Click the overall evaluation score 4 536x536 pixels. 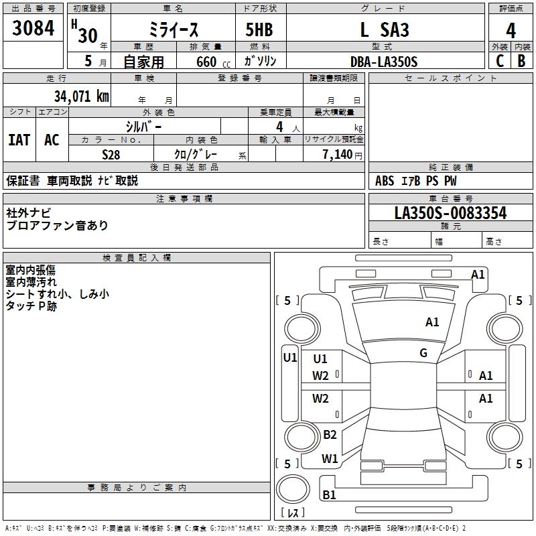511,30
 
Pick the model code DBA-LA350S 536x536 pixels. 383,62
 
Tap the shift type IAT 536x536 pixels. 19,140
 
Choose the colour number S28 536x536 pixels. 111,153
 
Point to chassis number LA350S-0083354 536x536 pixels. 450,213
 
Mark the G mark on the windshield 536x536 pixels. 423,353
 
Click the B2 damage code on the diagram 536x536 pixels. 330,435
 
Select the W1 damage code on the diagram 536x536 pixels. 330,459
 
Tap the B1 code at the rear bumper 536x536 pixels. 329,495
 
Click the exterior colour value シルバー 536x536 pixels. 143,126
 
